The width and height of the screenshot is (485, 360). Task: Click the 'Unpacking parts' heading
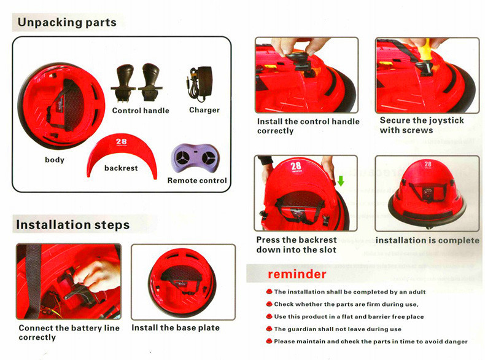pos(67,22)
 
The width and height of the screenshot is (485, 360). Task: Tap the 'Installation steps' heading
pos(72,225)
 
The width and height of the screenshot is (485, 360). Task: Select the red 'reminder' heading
pos(297,274)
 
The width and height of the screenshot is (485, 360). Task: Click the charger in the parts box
pos(200,84)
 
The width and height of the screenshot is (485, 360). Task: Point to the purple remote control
pos(195,158)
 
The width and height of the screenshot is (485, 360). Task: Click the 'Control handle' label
pos(141,111)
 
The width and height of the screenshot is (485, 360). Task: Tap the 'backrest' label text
pos(121,168)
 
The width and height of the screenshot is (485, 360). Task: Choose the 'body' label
pos(55,160)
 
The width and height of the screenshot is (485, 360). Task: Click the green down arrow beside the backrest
pos(341,181)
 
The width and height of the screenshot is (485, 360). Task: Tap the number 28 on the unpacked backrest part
pos(122,141)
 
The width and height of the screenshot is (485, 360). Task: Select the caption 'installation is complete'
pos(427,241)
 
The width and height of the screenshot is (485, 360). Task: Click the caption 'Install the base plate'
pos(176,327)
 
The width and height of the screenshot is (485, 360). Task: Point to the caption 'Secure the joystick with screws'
pos(422,125)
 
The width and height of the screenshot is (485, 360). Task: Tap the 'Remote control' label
pos(197,181)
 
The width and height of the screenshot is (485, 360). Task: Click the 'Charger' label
pos(204,110)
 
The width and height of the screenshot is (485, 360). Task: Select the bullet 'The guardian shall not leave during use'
pos(338,329)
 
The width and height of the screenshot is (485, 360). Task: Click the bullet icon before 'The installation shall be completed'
pos(269,291)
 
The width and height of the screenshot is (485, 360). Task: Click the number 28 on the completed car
pos(428,164)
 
